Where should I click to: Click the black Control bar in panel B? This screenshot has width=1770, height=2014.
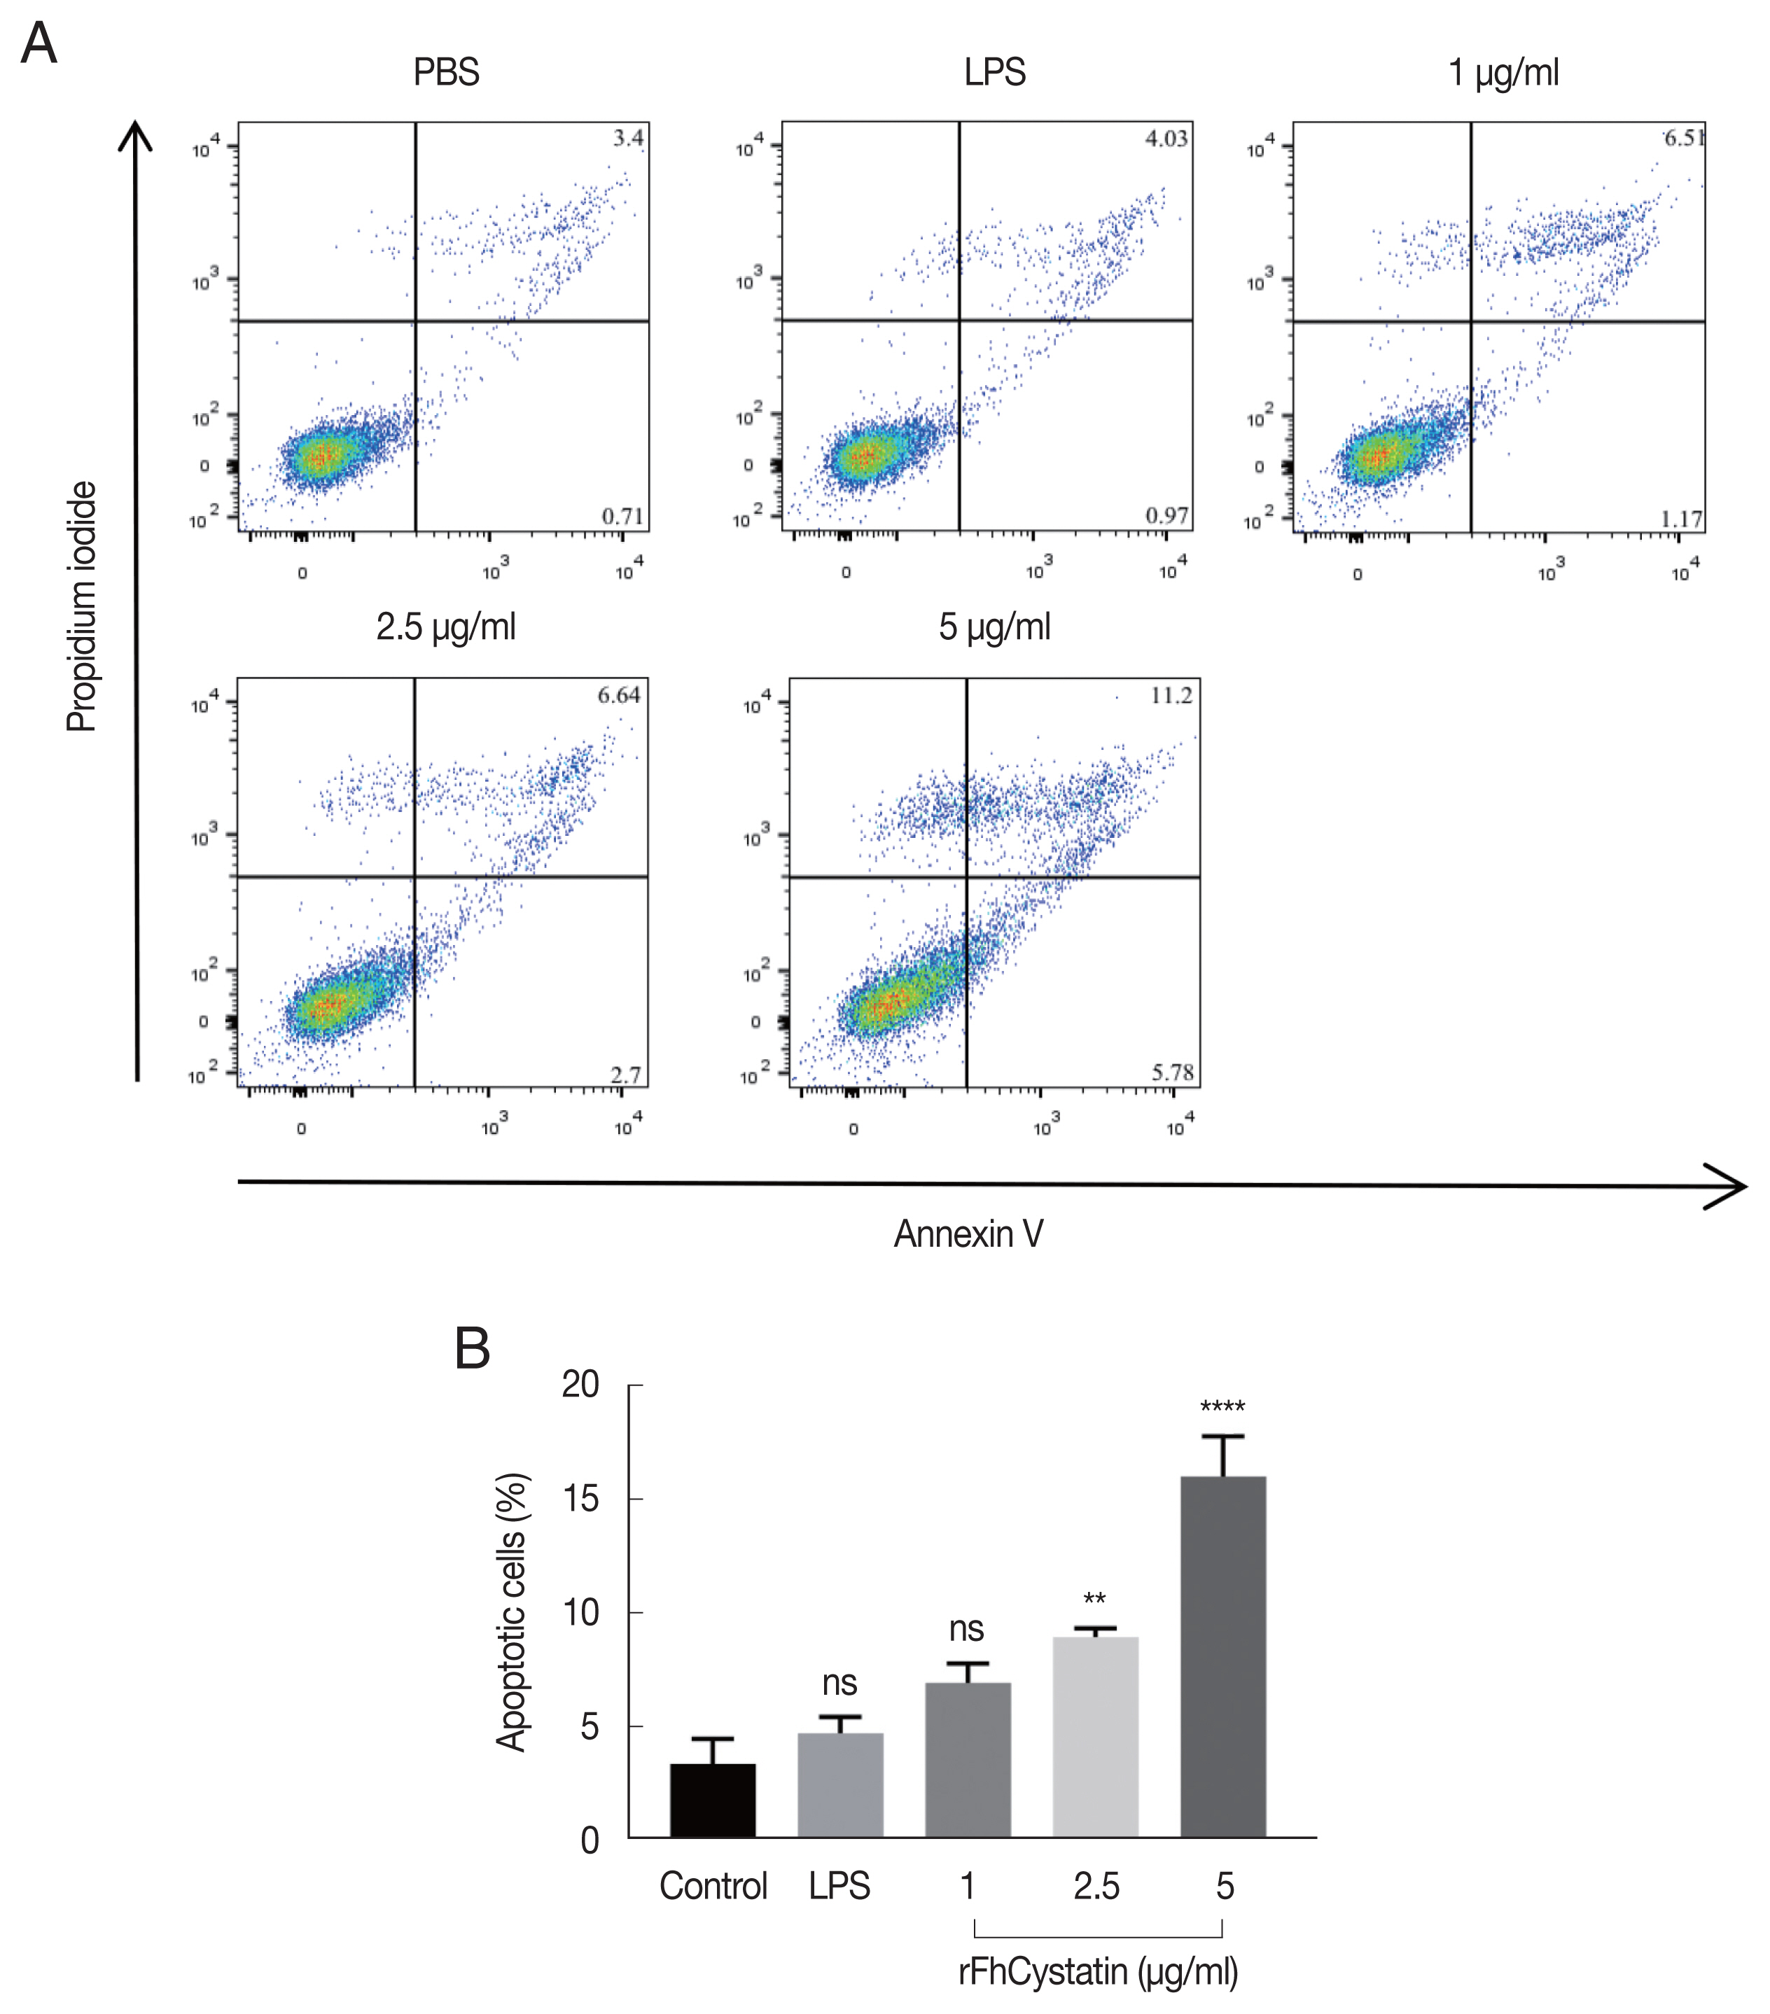pos(713,1801)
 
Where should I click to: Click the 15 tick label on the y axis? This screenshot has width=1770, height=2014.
pos(580,1499)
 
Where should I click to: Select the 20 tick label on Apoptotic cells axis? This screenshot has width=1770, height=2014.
pos(580,1385)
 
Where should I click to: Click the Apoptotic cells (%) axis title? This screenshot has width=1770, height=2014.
pos(512,1612)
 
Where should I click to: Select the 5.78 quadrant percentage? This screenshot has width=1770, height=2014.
pos(1173,1072)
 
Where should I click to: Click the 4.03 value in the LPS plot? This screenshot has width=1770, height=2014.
pos(1166,139)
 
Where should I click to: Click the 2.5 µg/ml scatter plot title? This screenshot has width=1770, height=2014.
pos(445,627)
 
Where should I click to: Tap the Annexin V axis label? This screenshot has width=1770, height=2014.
pos(968,1233)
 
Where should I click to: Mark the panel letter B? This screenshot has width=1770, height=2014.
pos(472,1349)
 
